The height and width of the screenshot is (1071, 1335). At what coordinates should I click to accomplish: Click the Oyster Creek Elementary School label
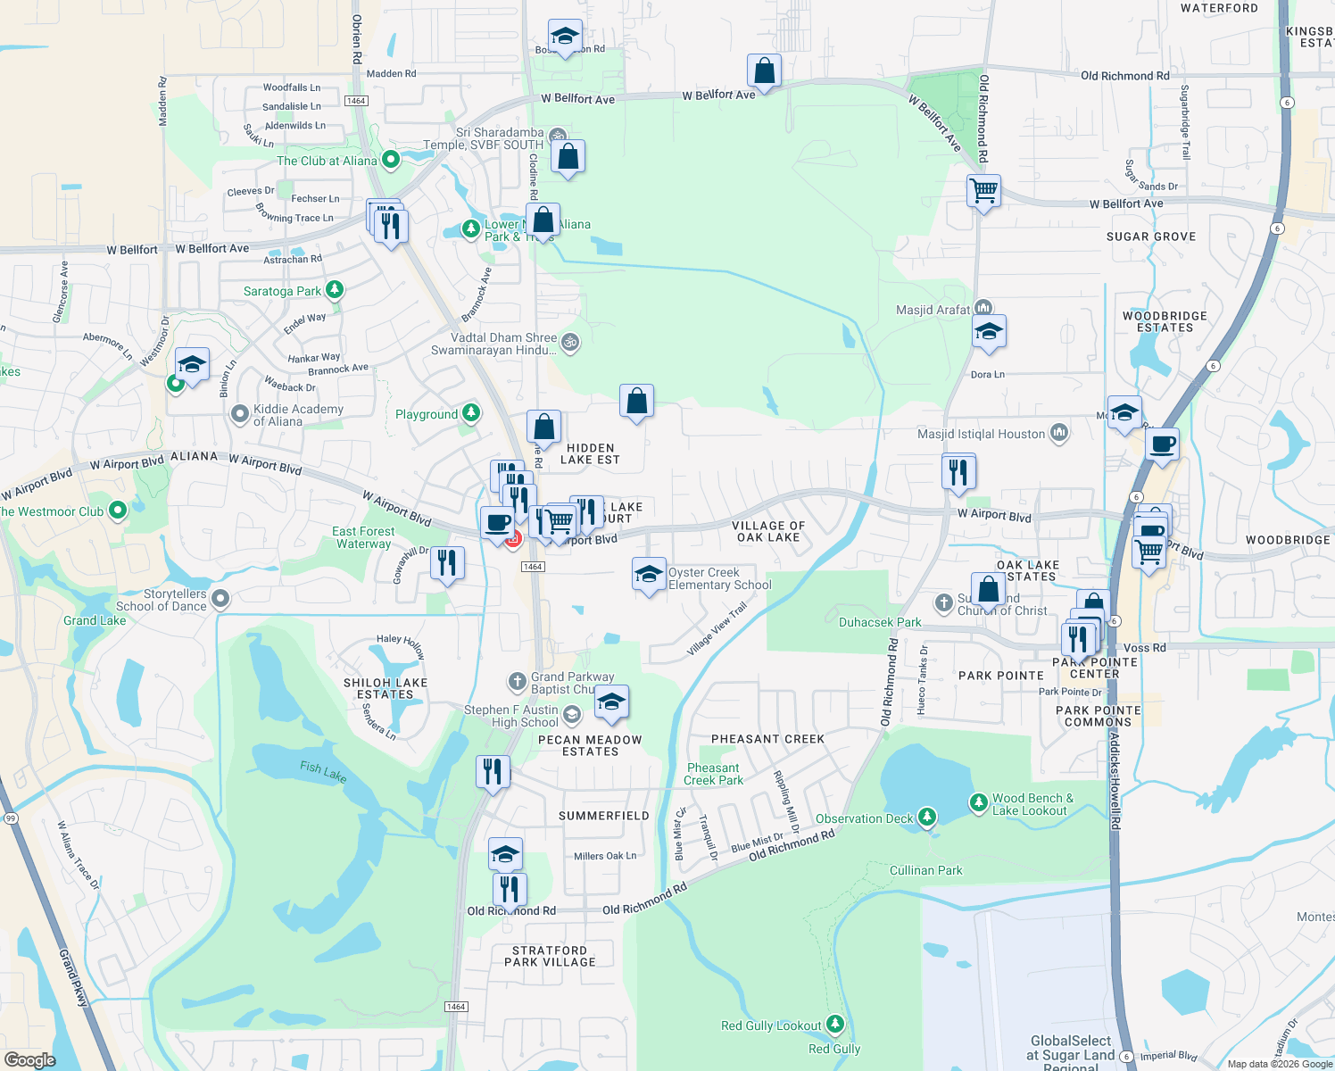click(x=719, y=578)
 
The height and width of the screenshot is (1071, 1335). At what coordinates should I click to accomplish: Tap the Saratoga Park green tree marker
click(x=335, y=290)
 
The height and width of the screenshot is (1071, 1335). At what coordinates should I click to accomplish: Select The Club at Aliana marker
click(x=390, y=161)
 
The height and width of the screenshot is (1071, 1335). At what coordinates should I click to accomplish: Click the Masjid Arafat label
click(x=933, y=310)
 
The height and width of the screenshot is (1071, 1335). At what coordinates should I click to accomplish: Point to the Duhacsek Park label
click(x=880, y=622)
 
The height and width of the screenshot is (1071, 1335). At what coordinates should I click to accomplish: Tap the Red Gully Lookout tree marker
click(x=835, y=1024)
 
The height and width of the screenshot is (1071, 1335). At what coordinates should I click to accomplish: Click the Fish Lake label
click(x=323, y=771)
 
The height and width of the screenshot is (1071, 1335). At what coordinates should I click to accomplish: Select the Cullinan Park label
click(x=925, y=870)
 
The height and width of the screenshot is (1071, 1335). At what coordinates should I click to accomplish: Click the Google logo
click(x=29, y=1059)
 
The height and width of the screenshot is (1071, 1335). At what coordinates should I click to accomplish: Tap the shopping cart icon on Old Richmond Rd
click(x=983, y=190)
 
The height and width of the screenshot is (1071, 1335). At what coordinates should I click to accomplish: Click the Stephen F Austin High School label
click(x=511, y=716)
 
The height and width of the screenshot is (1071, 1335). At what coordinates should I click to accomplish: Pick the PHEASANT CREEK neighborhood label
click(x=767, y=739)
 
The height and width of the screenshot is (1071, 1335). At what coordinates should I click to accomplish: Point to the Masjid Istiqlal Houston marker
click(x=1059, y=433)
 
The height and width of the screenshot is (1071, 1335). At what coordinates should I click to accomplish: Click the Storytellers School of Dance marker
click(x=221, y=599)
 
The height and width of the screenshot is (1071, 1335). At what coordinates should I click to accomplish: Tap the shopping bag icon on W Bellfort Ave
click(x=764, y=71)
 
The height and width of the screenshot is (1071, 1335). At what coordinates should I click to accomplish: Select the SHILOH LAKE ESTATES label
click(x=386, y=688)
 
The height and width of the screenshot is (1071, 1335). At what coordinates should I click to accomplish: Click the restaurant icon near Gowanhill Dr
click(x=447, y=563)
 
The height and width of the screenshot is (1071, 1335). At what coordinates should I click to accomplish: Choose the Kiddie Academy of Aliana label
click(x=298, y=415)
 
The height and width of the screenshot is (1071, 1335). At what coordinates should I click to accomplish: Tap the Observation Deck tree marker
click(x=927, y=817)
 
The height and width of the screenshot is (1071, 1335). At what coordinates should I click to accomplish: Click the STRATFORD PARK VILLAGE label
click(x=550, y=956)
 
